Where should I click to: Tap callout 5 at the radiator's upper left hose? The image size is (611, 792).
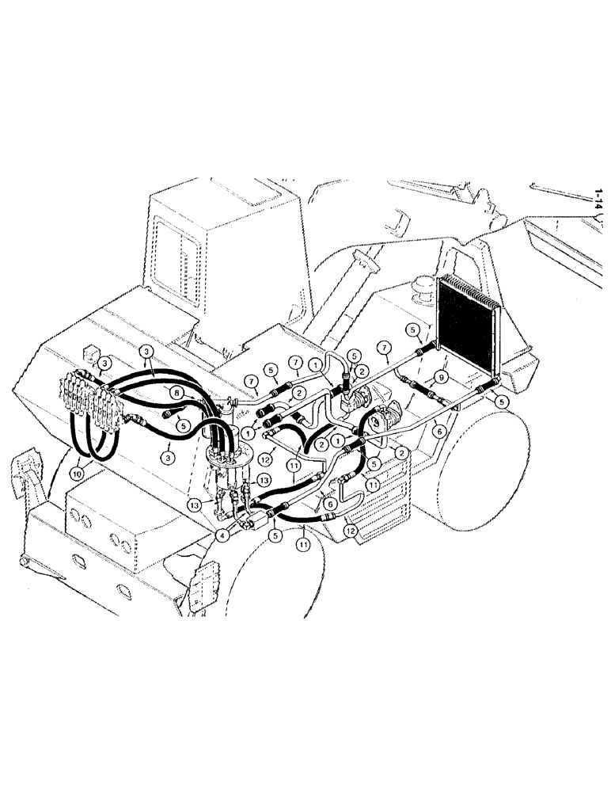pos(412,329)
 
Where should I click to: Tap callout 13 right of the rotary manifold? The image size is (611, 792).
pos(264,481)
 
